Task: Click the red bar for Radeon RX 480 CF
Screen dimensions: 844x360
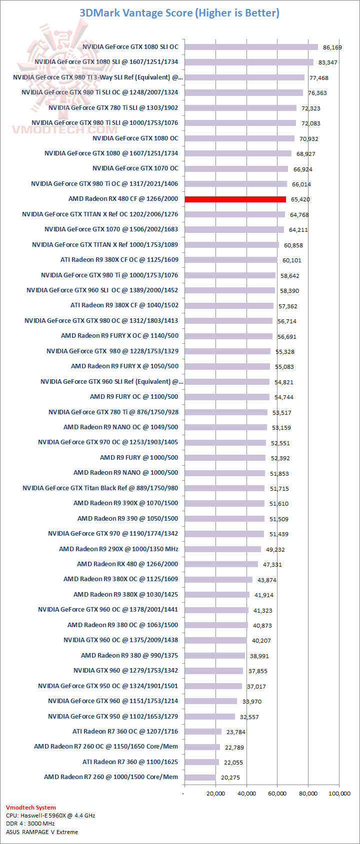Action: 235,199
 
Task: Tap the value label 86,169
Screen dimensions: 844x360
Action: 332,47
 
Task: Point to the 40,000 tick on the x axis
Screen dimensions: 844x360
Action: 246,794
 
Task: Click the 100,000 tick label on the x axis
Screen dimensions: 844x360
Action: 339,794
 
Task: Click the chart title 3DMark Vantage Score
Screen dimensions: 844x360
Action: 179,13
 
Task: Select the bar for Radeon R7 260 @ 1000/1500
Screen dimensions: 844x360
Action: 200,777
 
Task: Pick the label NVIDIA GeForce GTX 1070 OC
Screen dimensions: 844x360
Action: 135,168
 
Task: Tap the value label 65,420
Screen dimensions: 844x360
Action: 300,199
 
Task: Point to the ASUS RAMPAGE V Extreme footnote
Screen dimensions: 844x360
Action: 42,832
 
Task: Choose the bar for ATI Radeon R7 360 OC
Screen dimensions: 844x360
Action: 203,732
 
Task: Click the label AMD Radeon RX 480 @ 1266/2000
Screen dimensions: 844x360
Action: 127,564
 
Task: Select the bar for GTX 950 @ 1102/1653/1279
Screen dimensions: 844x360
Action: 209,717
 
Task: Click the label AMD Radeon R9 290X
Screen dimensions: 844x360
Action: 118,549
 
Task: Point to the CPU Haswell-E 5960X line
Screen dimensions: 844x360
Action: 50,816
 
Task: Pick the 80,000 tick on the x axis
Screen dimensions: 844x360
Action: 308,794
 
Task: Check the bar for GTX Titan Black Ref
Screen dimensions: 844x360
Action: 224,488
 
